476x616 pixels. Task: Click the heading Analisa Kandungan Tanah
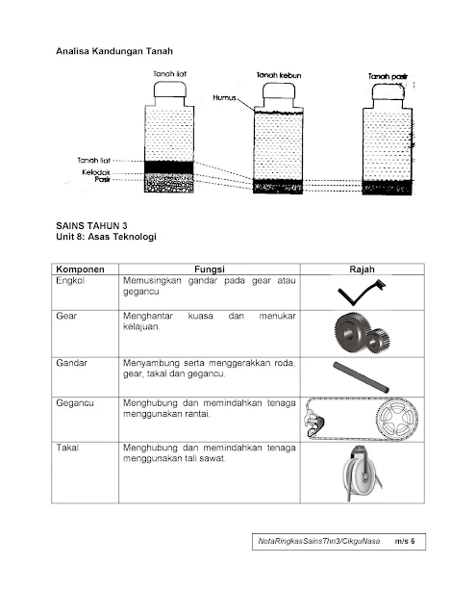114,51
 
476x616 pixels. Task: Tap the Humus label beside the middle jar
224,97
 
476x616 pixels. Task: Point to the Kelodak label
96,172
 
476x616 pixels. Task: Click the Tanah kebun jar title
279,75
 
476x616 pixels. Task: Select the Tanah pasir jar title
388,77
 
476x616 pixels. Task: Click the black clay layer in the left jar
169,167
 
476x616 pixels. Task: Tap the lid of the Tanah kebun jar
279,92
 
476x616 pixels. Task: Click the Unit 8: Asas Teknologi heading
106,237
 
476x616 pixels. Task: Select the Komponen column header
80,269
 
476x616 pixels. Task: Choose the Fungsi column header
210,269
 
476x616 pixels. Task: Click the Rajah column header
362,269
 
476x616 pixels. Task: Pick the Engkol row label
70,280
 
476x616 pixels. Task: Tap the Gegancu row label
75,403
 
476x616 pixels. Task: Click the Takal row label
67,448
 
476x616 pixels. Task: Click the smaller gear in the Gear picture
378,340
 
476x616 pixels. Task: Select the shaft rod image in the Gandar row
361,377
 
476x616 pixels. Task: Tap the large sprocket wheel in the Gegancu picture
397,418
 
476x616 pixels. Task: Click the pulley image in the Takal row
362,474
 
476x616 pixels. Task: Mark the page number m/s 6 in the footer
405,541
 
